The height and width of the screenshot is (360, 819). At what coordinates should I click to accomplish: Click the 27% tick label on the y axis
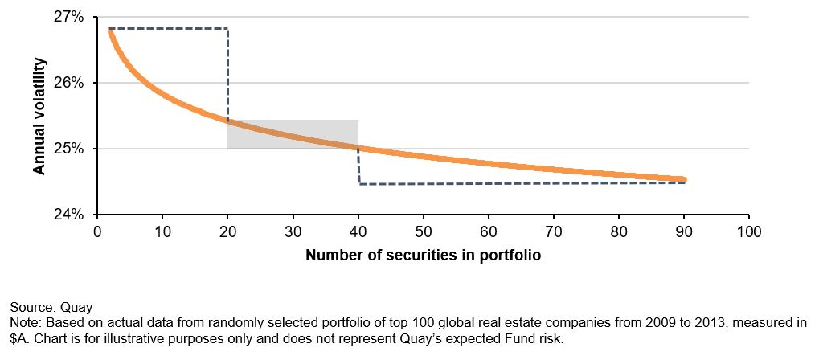pyautogui.click(x=69, y=17)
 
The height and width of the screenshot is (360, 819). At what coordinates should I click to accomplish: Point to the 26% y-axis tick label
pyautogui.click(x=69, y=83)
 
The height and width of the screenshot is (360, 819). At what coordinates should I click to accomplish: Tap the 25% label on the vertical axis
pyautogui.click(x=69, y=149)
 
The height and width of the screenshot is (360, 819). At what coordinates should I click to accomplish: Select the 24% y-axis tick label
pyautogui.click(x=69, y=215)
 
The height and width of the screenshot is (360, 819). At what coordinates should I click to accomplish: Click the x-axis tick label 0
pyautogui.click(x=97, y=233)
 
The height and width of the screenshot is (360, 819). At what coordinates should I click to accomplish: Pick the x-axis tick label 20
pyautogui.click(x=227, y=233)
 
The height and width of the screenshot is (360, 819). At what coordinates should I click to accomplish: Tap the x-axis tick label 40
pyautogui.click(x=358, y=233)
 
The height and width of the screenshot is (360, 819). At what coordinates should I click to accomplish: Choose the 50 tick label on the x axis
pyautogui.click(x=423, y=233)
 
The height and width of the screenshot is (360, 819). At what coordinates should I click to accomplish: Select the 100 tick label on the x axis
pyautogui.click(x=748, y=233)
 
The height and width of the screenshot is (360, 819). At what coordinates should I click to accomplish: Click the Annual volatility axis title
pyautogui.click(x=39, y=116)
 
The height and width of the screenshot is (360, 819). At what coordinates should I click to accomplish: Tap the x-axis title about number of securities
pyautogui.click(x=423, y=256)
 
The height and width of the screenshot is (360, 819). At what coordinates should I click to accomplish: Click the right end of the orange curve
pyautogui.click(x=683, y=179)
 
